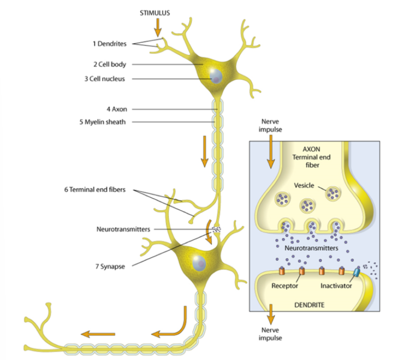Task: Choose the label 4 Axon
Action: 116,109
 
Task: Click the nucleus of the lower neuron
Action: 199,262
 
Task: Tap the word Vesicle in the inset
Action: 304,185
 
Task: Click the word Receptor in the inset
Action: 285,286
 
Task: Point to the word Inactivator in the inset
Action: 336,286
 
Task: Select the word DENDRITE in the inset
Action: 309,305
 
